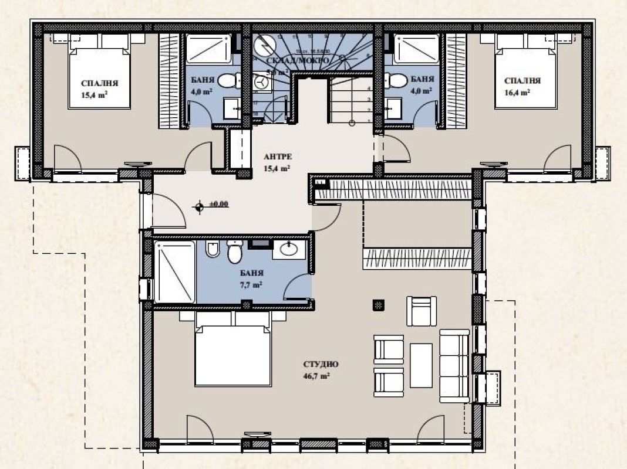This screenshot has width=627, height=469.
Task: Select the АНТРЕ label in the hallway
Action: (x=278, y=157)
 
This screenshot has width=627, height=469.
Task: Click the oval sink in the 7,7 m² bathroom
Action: (x=289, y=249)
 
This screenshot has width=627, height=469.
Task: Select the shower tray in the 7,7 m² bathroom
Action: (x=174, y=272)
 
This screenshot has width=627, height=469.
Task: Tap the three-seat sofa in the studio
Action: (x=454, y=363)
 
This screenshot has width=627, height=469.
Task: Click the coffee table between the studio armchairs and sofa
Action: (x=421, y=365)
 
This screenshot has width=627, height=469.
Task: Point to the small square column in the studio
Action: (x=378, y=304)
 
